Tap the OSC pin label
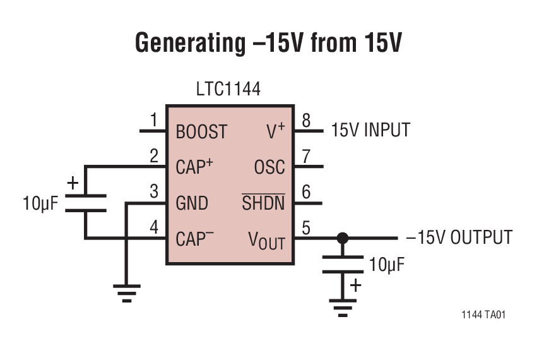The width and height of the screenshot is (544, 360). point(269,167)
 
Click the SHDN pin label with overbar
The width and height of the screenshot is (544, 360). point(264,203)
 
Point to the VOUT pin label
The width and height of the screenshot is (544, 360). point(266,241)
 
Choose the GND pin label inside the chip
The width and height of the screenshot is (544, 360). point(192,203)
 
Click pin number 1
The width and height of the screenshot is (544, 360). point(153,120)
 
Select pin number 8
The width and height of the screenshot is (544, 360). point(306,120)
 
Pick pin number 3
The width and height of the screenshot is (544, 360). point(153,192)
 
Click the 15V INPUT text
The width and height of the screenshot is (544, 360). point(370,130)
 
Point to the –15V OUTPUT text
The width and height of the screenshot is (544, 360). point(459,237)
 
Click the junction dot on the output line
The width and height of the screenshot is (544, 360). point(342,238)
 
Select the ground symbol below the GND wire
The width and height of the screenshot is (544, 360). point(126,292)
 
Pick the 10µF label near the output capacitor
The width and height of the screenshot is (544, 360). point(387,265)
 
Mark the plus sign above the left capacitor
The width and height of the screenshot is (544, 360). point(73,183)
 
